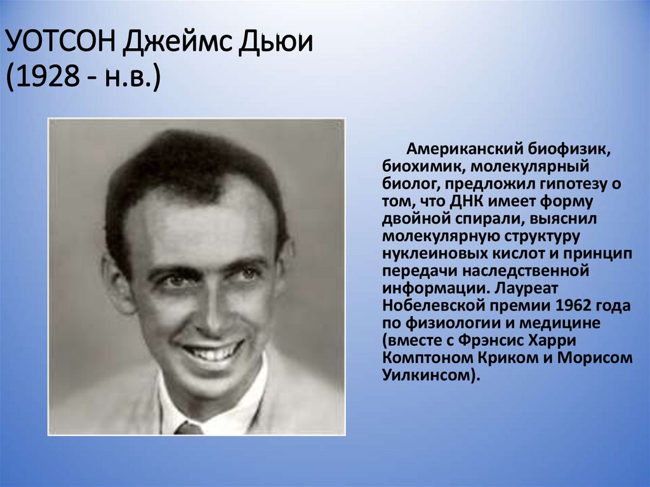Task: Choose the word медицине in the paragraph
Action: click(x=565, y=323)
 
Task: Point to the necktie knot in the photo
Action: click(x=189, y=429)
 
